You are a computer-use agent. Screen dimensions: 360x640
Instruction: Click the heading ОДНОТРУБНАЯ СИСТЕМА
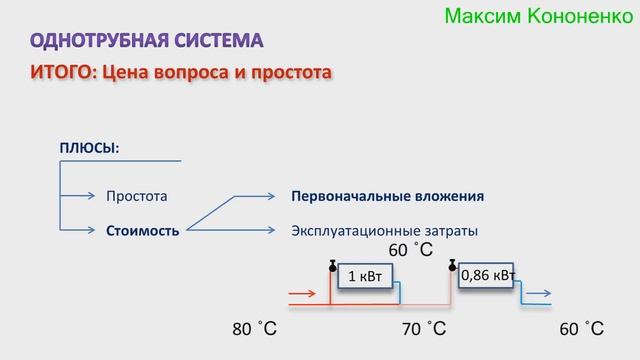point(148,41)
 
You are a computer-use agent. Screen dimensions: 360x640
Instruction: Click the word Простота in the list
point(137,196)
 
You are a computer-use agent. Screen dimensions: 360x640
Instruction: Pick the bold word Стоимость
point(143,230)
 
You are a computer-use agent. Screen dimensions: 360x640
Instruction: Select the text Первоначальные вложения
point(388,196)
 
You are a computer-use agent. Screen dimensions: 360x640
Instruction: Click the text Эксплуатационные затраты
point(384,230)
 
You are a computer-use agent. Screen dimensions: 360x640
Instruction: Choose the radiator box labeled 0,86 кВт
point(488,275)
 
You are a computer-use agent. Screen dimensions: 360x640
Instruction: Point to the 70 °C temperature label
point(423,329)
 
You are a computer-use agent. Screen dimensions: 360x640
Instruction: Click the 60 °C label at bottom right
point(582,329)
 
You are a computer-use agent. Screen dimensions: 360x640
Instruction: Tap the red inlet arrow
point(301,295)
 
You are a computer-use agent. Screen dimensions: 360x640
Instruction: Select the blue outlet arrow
point(537,295)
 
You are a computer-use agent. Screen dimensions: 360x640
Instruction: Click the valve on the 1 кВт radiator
point(331,266)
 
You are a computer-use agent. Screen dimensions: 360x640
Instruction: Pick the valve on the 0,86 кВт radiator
point(452,266)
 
